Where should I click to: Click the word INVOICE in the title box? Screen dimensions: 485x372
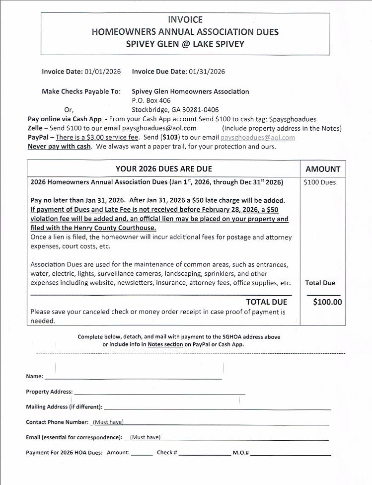click(185, 20)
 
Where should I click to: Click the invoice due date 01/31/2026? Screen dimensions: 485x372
click(206, 72)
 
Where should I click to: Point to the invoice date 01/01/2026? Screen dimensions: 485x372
click(103, 72)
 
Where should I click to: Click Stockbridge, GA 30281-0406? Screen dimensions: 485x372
click(175, 110)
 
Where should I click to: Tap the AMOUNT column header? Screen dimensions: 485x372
click(323, 169)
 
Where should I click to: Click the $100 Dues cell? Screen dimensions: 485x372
click(320, 182)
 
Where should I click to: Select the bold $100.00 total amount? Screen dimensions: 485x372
click(327, 302)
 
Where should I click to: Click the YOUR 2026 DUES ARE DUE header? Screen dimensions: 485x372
click(164, 169)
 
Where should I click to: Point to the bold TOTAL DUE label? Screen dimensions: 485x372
click(266, 302)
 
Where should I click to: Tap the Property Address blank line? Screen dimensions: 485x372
click(159, 393)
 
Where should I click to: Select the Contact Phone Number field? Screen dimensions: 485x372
click(209, 423)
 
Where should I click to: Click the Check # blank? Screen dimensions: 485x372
click(204, 454)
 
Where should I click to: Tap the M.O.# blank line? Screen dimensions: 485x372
click(291, 454)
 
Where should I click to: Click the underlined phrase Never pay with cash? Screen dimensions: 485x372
click(59, 147)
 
